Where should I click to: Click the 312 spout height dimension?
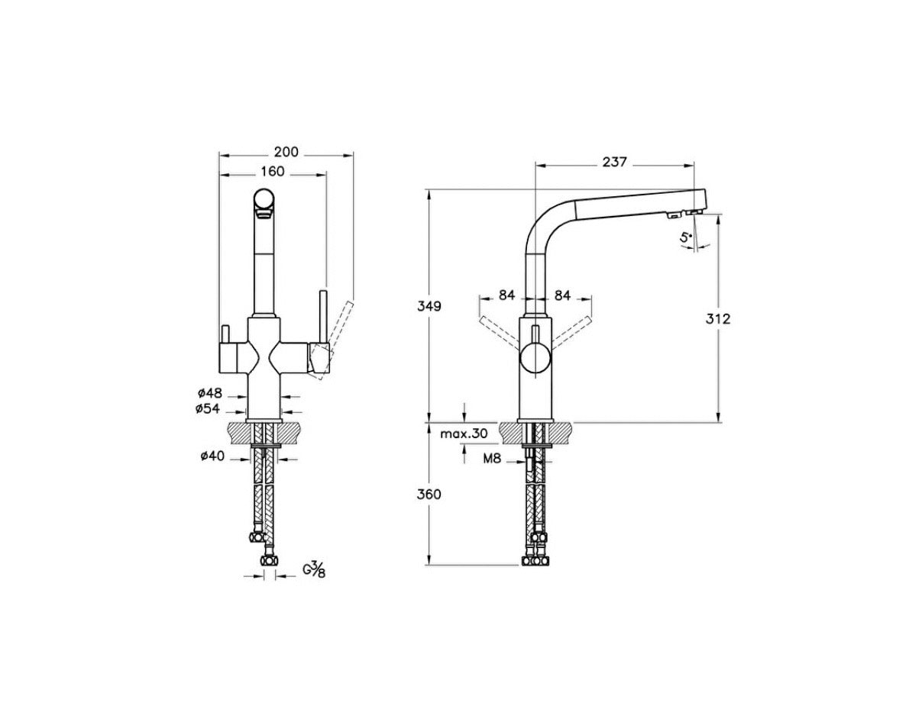(718, 318)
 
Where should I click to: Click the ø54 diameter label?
(208, 409)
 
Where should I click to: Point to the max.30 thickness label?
(464, 434)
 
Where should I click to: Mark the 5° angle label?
(686, 238)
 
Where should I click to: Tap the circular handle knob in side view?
(535, 357)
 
